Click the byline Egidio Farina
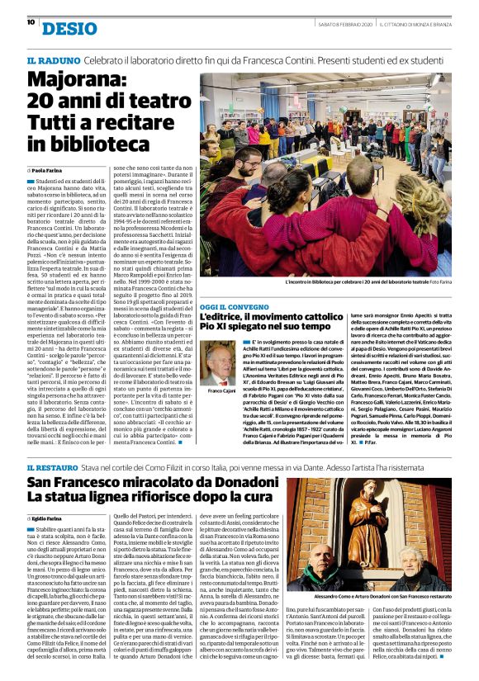pyautogui.click(x=51, y=518)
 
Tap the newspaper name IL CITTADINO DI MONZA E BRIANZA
pyautogui.click(x=417, y=22)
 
